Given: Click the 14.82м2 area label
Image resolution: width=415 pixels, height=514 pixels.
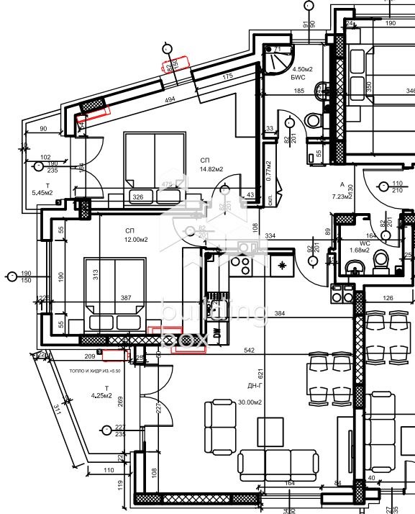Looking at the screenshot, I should click(211, 169).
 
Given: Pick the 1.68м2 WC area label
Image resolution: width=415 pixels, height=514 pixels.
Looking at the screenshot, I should click(360, 250).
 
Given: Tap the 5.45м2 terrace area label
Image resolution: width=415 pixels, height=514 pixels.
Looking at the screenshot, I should click(42, 193).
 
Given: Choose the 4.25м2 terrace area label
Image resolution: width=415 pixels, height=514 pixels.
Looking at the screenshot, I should click(101, 395).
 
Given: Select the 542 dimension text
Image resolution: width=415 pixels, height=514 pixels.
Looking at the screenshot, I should click(250, 351).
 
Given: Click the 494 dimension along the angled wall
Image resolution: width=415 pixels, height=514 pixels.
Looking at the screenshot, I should click(170, 99).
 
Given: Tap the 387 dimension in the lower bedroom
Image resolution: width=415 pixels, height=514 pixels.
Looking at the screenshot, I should click(126, 298).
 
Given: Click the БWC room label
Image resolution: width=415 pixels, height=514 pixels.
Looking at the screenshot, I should click(298, 80).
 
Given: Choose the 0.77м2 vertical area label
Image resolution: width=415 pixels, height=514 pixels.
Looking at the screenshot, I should click(268, 171).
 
